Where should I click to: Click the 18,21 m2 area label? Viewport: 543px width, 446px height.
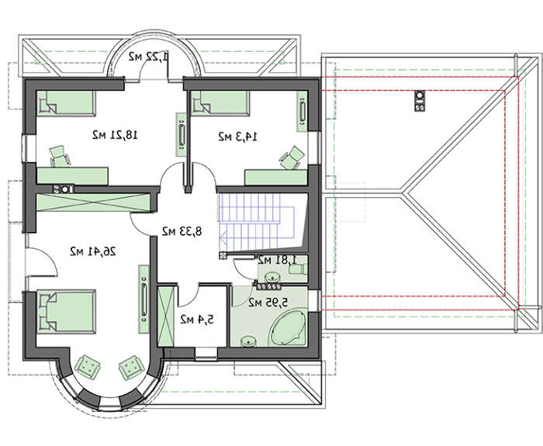point(115,135)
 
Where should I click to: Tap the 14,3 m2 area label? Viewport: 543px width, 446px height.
point(238,137)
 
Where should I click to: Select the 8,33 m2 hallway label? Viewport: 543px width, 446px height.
point(182,231)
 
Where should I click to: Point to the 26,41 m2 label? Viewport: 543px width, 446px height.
point(93,251)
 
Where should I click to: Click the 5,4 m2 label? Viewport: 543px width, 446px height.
point(197,320)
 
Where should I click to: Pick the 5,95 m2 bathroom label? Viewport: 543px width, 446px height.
point(268,303)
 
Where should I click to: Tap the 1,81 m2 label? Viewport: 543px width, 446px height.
point(278,259)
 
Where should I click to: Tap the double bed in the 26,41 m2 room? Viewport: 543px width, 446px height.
point(66,312)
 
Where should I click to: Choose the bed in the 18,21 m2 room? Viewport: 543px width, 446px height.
point(66,103)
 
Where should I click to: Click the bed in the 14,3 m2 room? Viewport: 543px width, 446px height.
point(220,103)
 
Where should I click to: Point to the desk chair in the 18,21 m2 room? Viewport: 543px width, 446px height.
point(60,156)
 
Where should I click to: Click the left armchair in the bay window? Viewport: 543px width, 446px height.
point(88,365)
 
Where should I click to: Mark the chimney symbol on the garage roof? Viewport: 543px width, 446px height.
point(420,101)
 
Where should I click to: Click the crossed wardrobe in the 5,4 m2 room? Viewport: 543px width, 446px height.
point(165,316)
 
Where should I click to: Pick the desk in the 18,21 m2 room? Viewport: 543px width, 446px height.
point(72,176)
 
